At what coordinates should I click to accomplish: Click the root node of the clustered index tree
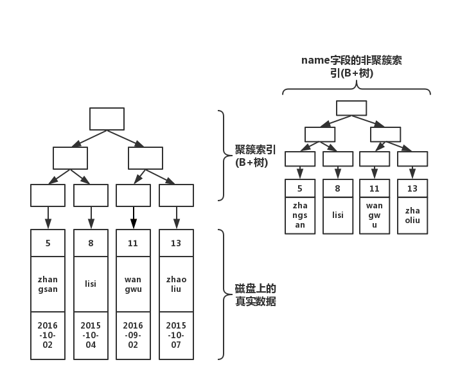[107, 119]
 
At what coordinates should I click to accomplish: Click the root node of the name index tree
[351, 108]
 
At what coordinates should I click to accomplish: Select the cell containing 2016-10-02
[48, 335]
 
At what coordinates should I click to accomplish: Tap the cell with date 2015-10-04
[91, 335]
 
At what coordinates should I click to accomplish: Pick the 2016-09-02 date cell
[133, 335]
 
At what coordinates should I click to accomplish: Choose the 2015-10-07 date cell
[176, 335]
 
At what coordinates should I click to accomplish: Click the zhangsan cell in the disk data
[48, 284]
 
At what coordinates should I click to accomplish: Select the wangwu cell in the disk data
[133, 284]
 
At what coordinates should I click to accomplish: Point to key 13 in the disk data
[176, 243]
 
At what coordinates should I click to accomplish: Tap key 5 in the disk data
[48, 243]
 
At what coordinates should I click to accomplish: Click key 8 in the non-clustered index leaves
[337, 188]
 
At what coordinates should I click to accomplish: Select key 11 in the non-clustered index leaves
[375, 188]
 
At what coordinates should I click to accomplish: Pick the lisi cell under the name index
[337, 215]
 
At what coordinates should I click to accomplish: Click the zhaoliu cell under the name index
[412, 215]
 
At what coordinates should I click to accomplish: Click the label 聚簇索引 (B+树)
[255, 156]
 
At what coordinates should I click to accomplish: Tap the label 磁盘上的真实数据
[255, 294]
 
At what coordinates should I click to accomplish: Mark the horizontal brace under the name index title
[357, 90]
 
